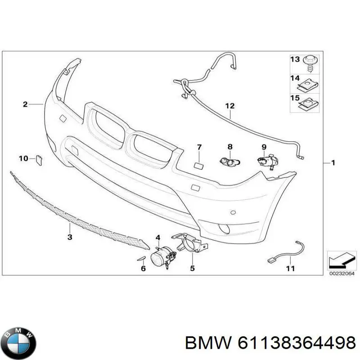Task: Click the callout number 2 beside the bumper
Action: point(25,104)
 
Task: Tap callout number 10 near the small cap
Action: point(23,158)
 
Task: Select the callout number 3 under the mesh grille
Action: point(70,237)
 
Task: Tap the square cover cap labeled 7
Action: point(198,164)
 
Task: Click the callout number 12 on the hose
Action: point(230,106)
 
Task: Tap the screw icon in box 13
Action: point(310,63)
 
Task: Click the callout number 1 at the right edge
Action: point(333,162)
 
